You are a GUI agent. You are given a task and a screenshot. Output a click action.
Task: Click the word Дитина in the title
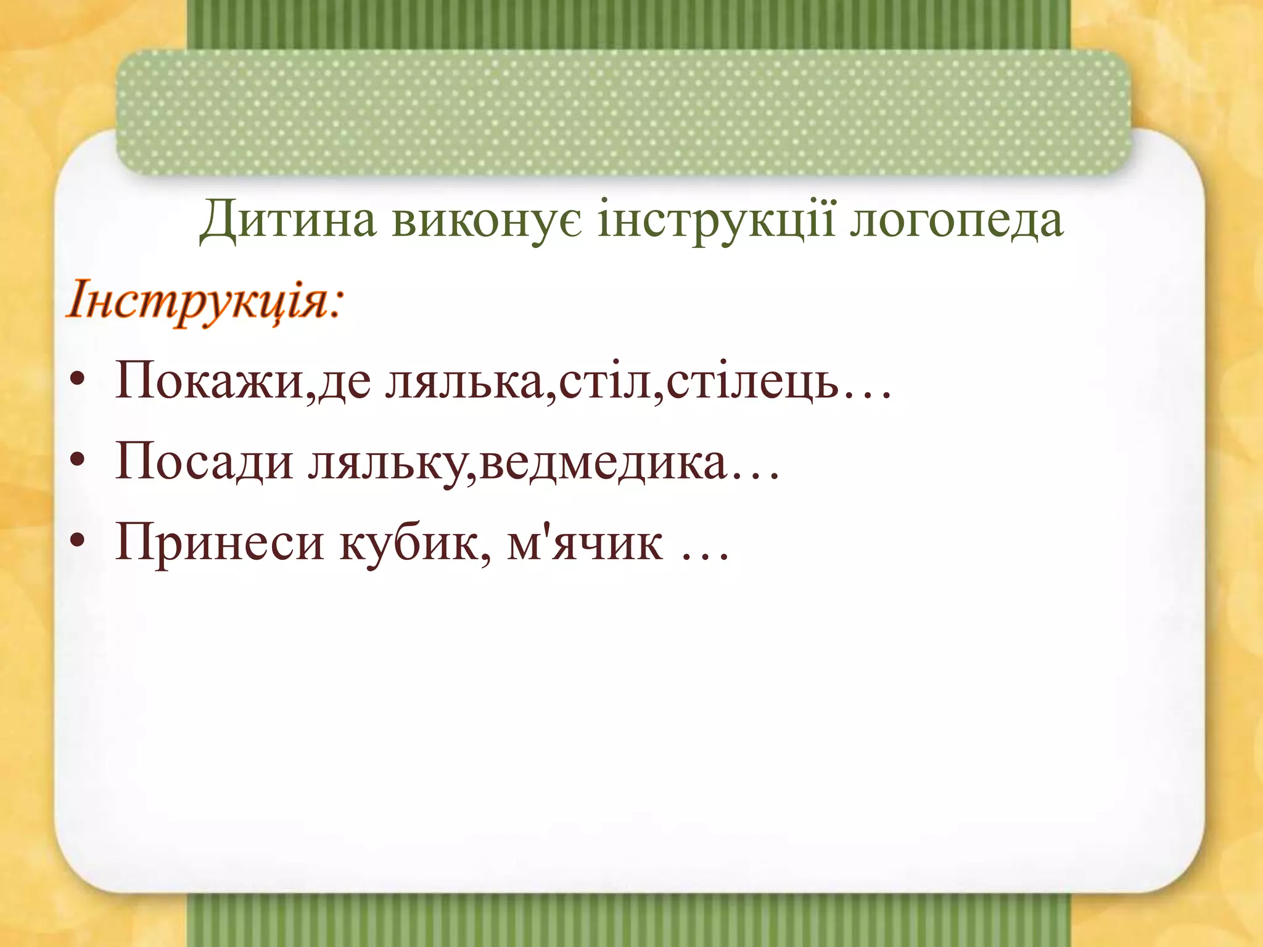287,221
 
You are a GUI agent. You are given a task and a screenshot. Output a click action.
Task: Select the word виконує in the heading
486,221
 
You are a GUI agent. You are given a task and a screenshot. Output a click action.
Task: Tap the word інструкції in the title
716,221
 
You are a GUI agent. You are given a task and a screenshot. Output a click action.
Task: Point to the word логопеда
956,221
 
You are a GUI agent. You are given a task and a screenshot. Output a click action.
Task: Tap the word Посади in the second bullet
204,462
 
